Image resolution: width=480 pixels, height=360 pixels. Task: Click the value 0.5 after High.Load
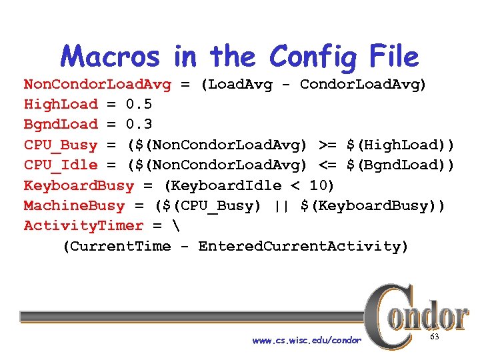tap(139, 104)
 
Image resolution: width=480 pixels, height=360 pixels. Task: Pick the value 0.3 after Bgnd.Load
tap(139, 124)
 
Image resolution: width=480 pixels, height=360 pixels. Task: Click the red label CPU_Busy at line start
tap(61, 145)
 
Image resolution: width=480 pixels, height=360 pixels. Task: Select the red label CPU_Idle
tap(61, 165)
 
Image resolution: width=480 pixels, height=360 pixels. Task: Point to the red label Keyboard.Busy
tap(79, 185)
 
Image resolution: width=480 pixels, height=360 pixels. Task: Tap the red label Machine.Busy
tap(74, 205)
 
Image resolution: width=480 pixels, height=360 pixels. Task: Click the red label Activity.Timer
tap(83, 225)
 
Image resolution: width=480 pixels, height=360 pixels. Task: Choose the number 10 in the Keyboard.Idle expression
tap(318, 185)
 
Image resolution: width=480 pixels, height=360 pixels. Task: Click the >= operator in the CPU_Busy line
tap(327, 145)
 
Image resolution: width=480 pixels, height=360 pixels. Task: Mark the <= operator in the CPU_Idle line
tap(327, 165)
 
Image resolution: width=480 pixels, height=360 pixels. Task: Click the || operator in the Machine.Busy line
tap(281, 205)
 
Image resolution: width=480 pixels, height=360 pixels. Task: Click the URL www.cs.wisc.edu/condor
tap(307, 341)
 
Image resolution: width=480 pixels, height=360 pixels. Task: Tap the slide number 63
tap(434, 338)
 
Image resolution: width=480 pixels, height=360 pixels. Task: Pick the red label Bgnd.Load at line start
tap(61, 124)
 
